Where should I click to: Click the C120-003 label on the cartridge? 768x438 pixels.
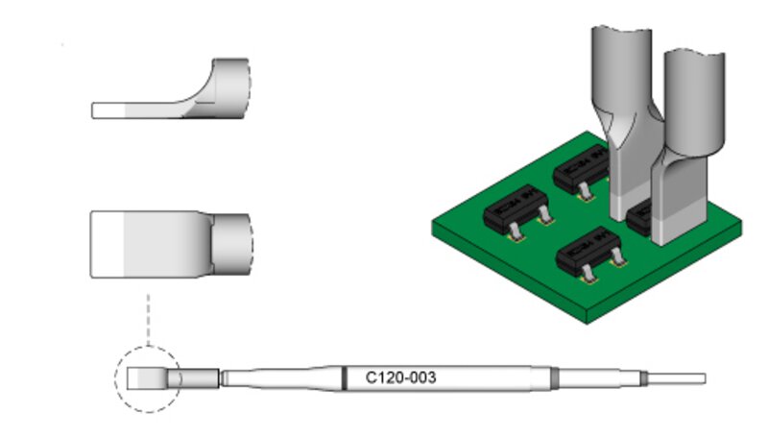tap(400, 377)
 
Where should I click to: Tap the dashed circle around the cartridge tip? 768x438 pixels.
tap(115, 378)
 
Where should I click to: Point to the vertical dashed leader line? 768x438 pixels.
tap(148, 320)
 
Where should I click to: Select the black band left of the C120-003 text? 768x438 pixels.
tap(345, 378)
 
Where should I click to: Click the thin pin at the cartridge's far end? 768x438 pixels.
tap(677, 378)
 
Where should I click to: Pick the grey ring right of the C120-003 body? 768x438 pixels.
tap(555, 378)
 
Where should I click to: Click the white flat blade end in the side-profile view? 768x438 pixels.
tap(108, 110)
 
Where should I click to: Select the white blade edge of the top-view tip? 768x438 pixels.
tap(107, 245)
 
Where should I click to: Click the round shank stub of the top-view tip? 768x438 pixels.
tap(231, 245)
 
